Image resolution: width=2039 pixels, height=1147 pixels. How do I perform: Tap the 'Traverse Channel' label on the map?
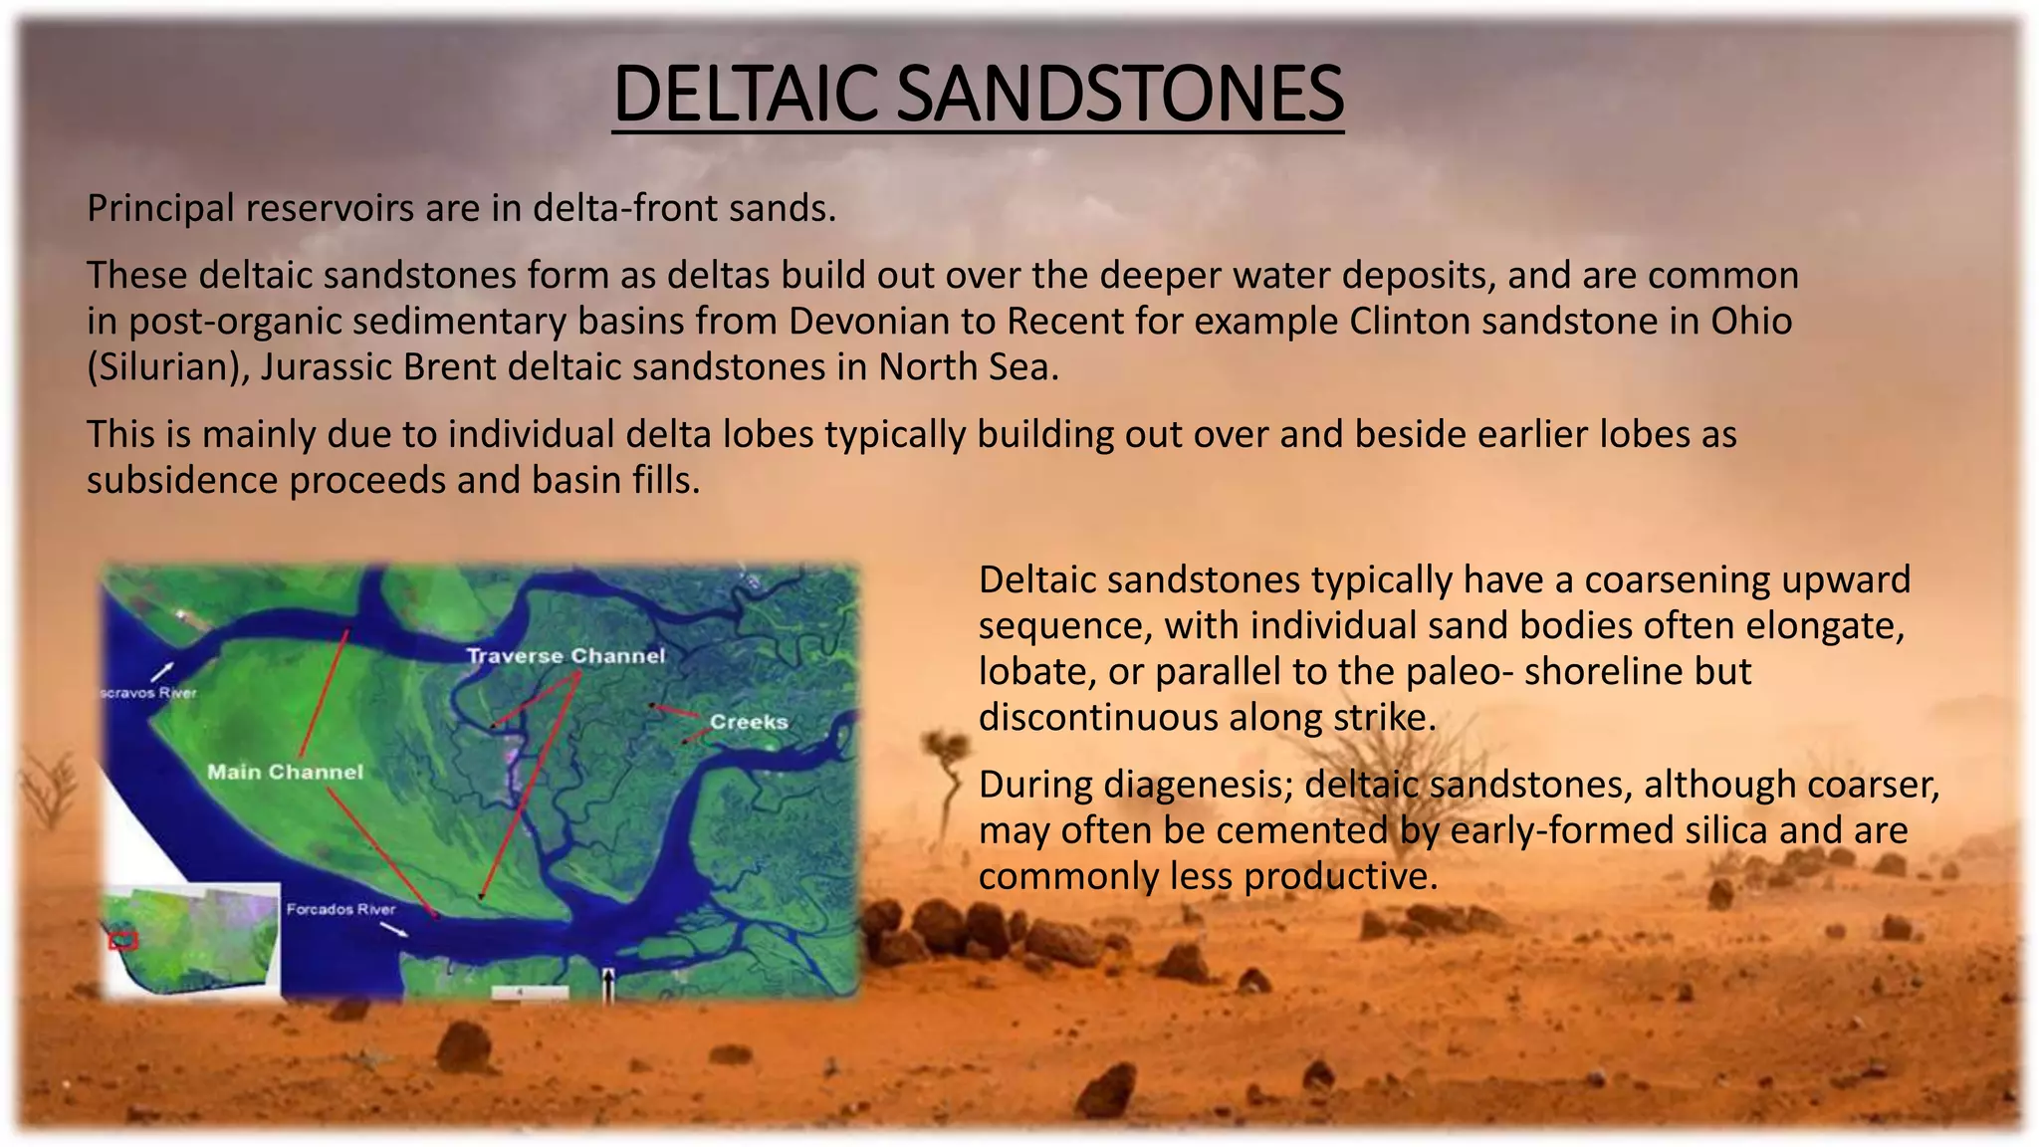tap(566, 656)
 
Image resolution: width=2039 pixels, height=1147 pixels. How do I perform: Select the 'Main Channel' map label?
tap(285, 772)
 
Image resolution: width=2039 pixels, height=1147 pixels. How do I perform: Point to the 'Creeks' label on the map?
tap(749, 722)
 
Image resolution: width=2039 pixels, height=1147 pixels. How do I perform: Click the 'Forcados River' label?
tap(340, 909)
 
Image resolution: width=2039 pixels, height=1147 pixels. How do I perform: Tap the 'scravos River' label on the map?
tap(149, 693)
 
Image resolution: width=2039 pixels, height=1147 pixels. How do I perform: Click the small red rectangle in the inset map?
tap(122, 940)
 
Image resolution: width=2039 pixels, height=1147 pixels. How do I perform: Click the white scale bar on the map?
tap(531, 992)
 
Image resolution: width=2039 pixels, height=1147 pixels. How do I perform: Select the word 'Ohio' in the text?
tap(1751, 321)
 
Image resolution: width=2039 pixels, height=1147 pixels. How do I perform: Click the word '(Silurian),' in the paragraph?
tap(168, 367)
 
